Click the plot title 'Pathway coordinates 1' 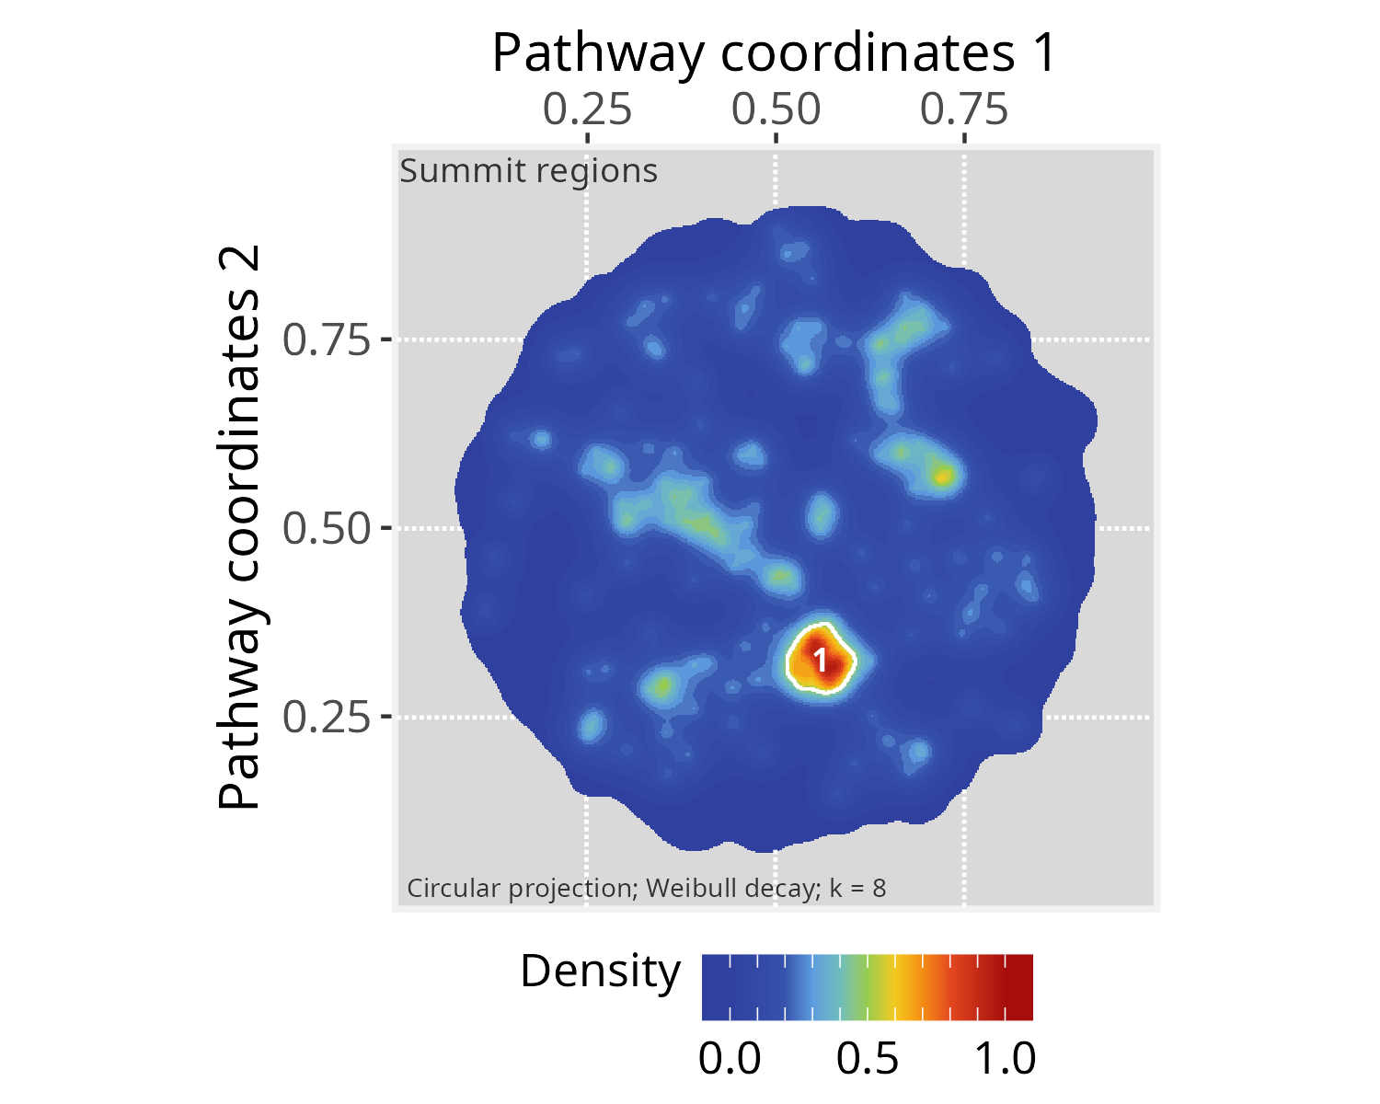tap(775, 53)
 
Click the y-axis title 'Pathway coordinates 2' tap(241, 528)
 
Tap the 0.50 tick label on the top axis tap(776, 109)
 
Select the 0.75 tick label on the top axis tap(964, 109)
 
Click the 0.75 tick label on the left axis tap(326, 340)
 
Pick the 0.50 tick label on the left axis tap(326, 529)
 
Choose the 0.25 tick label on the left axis tap(326, 717)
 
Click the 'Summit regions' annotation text tap(529, 171)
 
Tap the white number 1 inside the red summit tap(821, 661)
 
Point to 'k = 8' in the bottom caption tap(857, 889)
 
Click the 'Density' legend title tap(600, 972)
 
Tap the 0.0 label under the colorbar tap(730, 1059)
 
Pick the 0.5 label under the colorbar tap(868, 1059)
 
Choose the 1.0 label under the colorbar tap(1005, 1059)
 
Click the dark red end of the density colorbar tap(1021, 987)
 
